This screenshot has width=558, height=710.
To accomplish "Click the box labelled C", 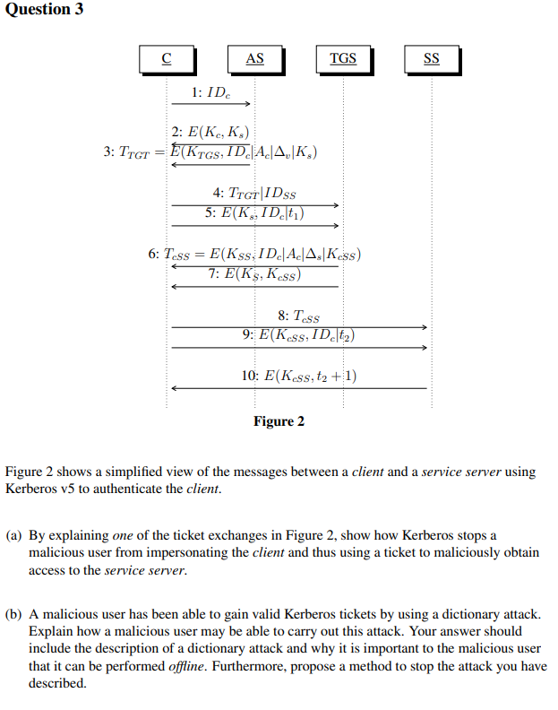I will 167,59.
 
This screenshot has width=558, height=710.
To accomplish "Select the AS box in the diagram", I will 254,59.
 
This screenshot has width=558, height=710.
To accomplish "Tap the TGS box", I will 343,59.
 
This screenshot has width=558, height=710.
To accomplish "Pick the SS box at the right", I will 431,59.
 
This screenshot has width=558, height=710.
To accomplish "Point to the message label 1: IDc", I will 210,92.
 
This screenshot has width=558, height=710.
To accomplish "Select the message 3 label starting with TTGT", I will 211,152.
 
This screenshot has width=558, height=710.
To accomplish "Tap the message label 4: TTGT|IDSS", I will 254,194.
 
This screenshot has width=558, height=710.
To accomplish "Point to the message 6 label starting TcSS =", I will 255,255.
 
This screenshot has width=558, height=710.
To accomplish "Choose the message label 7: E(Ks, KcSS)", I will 254,274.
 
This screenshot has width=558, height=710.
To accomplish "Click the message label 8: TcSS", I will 298,316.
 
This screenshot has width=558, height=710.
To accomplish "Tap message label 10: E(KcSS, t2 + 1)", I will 299,376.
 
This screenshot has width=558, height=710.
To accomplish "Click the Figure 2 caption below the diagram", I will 279,421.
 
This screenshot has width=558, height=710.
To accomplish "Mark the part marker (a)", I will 14,536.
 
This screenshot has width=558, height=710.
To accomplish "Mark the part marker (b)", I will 14,615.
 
